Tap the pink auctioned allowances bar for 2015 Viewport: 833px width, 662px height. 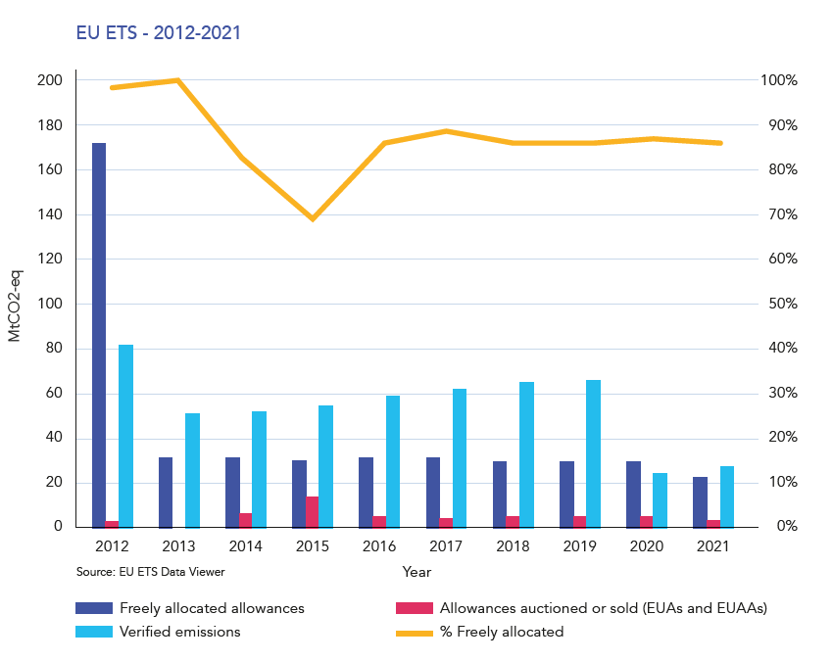pyautogui.click(x=313, y=512)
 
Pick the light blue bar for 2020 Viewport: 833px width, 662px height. pyautogui.click(x=660, y=500)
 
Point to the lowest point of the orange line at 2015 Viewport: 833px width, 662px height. pyautogui.click(x=313, y=218)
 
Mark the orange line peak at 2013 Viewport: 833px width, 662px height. pyautogui.click(x=178, y=80)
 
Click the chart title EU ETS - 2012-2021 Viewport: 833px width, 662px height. pyautogui.click(x=159, y=33)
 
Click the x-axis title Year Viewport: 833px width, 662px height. pyautogui.click(x=416, y=570)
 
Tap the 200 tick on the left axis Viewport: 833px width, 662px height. pyautogui.click(x=50, y=80)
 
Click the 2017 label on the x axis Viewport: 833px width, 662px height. pyautogui.click(x=446, y=545)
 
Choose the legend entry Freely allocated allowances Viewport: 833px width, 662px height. pyautogui.click(x=212, y=608)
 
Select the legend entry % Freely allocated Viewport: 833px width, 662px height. pyautogui.click(x=502, y=632)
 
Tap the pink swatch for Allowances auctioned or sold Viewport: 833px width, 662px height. pyautogui.click(x=414, y=608)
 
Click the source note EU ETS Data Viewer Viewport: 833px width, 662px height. pyautogui.click(x=156, y=570)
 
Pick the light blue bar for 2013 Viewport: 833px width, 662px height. pyautogui.click(x=192, y=470)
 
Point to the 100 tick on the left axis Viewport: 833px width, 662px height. pyautogui.click(x=50, y=304)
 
